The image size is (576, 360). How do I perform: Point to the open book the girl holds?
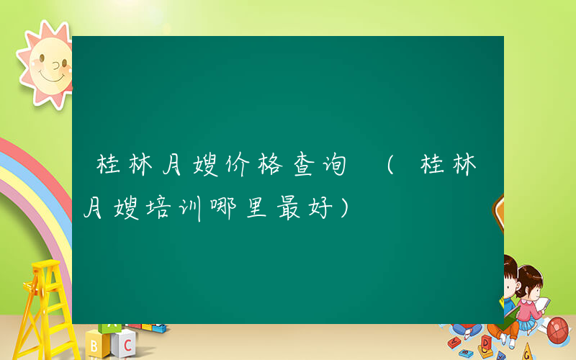pos(542,305)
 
